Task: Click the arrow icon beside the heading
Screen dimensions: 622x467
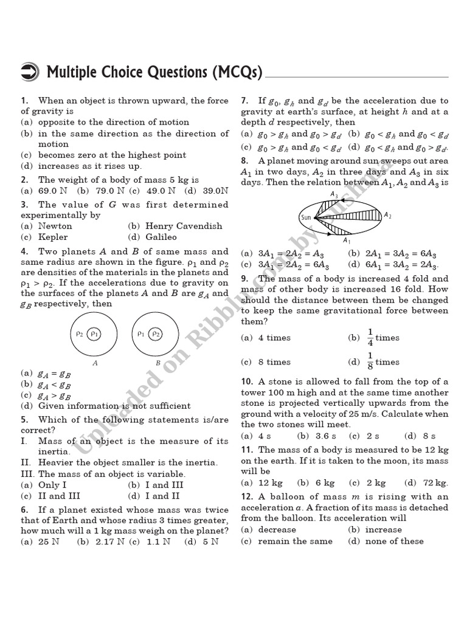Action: pyautogui.click(x=31, y=72)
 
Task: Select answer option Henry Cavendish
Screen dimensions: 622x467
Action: pyautogui.click(x=184, y=226)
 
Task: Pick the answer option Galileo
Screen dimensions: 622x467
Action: pyautogui.click(x=161, y=237)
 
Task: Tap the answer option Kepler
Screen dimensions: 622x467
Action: pyautogui.click(x=53, y=237)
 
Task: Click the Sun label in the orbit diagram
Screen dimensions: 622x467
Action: pyautogui.click(x=306, y=217)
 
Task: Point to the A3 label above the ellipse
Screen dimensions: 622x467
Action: pyautogui.click(x=334, y=194)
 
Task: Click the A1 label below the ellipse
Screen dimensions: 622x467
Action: pyautogui.click(x=347, y=241)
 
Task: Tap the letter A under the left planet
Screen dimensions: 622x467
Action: pyautogui.click(x=94, y=362)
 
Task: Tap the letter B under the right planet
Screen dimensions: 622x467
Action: pyautogui.click(x=157, y=362)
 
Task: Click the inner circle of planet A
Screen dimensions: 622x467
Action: pyautogui.click(x=94, y=333)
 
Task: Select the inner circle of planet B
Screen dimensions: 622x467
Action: pyautogui.click(x=156, y=333)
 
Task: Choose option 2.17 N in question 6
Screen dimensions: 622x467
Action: pyautogui.click(x=109, y=541)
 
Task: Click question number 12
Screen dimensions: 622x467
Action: pyautogui.click(x=246, y=497)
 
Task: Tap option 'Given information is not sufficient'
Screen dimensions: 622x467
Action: pyautogui.click(x=114, y=406)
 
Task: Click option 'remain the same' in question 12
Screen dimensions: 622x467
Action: pyautogui.click(x=295, y=541)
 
